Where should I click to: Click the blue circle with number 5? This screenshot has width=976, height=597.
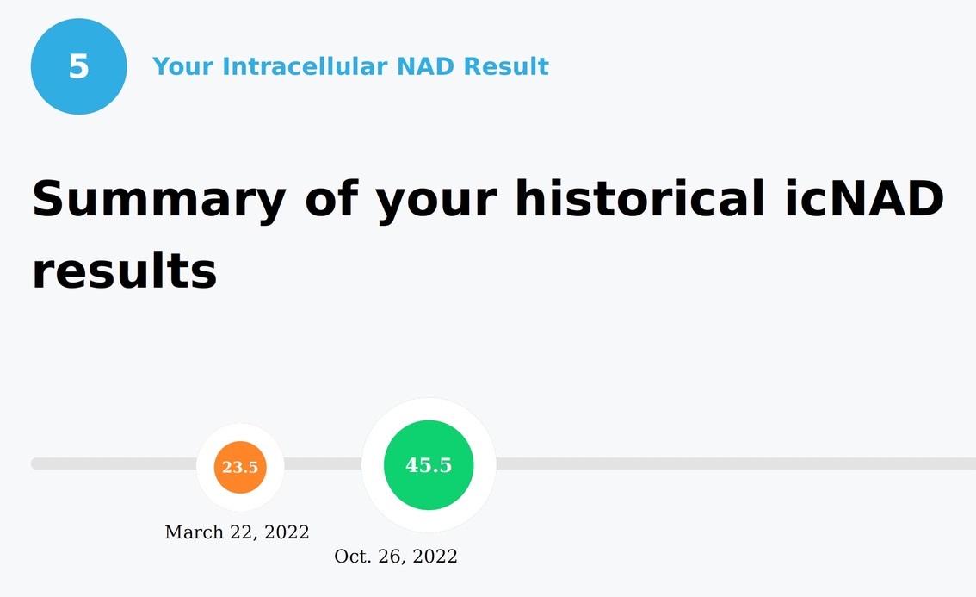click(x=78, y=66)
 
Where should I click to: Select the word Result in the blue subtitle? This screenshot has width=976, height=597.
click(x=506, y=66)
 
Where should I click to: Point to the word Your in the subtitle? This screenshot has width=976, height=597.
click(x=183, y=66)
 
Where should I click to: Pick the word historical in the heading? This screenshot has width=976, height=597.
click(x=639, y=198)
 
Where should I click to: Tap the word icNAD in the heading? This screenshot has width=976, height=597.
click(x=864, y=198)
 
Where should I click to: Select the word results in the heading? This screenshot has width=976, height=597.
click(x=125, y=271)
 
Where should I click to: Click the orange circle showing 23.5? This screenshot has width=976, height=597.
click(x=240, y=468)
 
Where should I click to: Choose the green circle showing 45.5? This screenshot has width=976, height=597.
click(x=429, y=465)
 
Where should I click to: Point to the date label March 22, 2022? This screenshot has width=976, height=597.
click(x=237, y=532)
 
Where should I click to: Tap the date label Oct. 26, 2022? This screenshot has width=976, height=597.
click(x=396, y=556)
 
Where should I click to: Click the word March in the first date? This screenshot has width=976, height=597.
click(x=194, y=532)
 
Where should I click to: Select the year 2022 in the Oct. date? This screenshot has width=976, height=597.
click(x=435, y=556)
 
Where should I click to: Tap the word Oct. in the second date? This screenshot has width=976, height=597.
click(x=353, y=556)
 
